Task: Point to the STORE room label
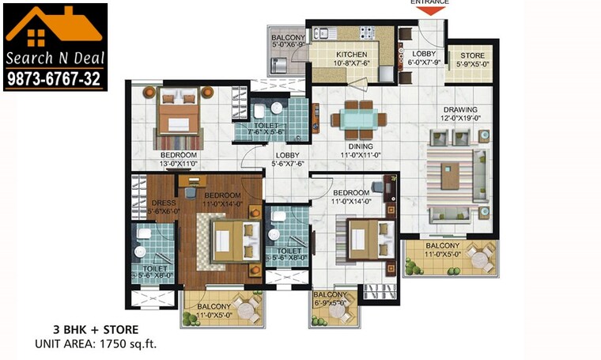(x=472, y=55)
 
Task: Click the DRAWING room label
(x=459, y=110)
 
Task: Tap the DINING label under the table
(x=360, y=146)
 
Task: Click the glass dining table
(x=360, y=119)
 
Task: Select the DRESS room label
(x=164, y=203)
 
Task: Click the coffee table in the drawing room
(x=450, y=175)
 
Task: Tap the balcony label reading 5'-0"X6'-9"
(x=288, y=41)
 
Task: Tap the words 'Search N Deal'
(x=55, y=59)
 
